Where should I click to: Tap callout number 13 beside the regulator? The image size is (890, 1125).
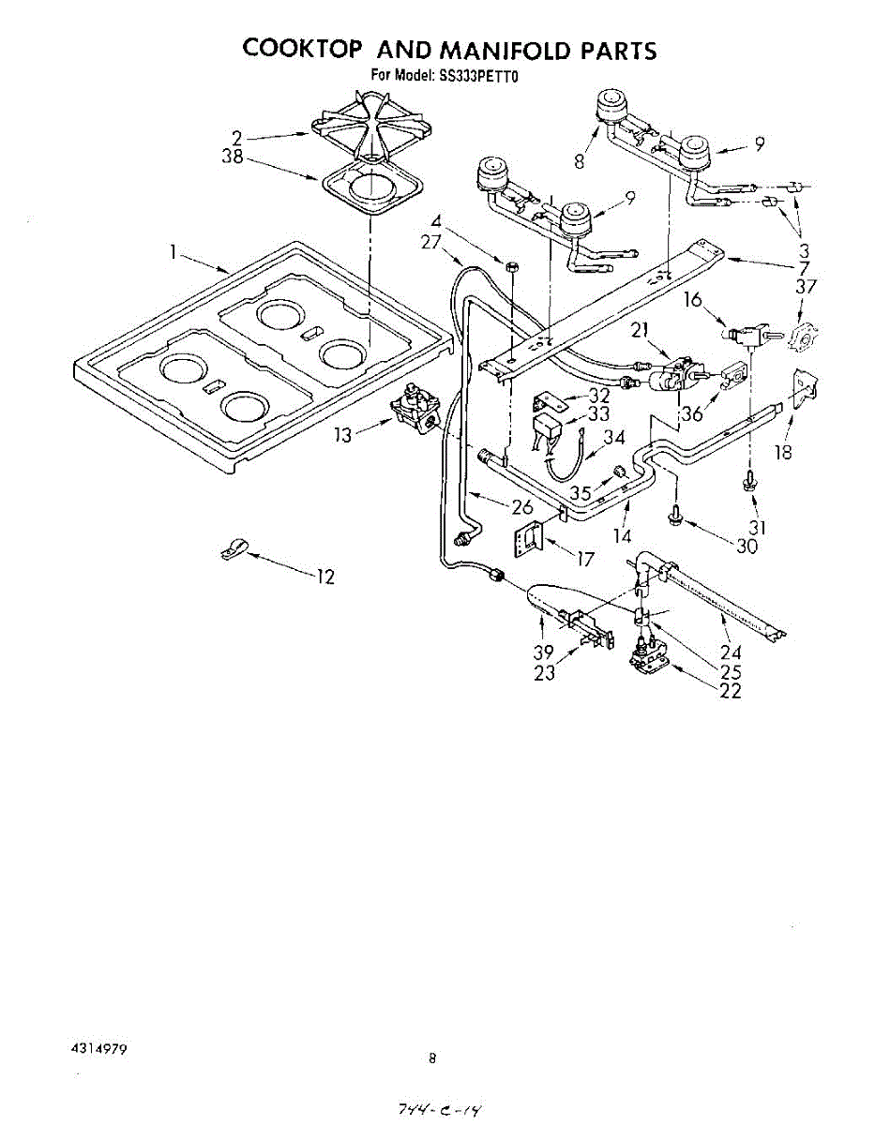pos(344,436)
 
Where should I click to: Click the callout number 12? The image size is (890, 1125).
pos(324,577)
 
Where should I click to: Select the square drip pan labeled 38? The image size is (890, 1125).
pos(371,190)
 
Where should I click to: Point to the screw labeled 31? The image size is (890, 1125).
pos(749,480)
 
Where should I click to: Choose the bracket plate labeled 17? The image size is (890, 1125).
pos(530,541)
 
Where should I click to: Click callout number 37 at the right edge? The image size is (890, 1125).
pos(806,287)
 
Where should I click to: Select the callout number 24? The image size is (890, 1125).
pos(731,652)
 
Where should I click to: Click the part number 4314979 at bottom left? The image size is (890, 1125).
pos(99,1050)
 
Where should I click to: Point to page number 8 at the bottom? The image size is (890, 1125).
pos(432,1059)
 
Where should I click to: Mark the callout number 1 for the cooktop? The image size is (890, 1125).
pos(173,250)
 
